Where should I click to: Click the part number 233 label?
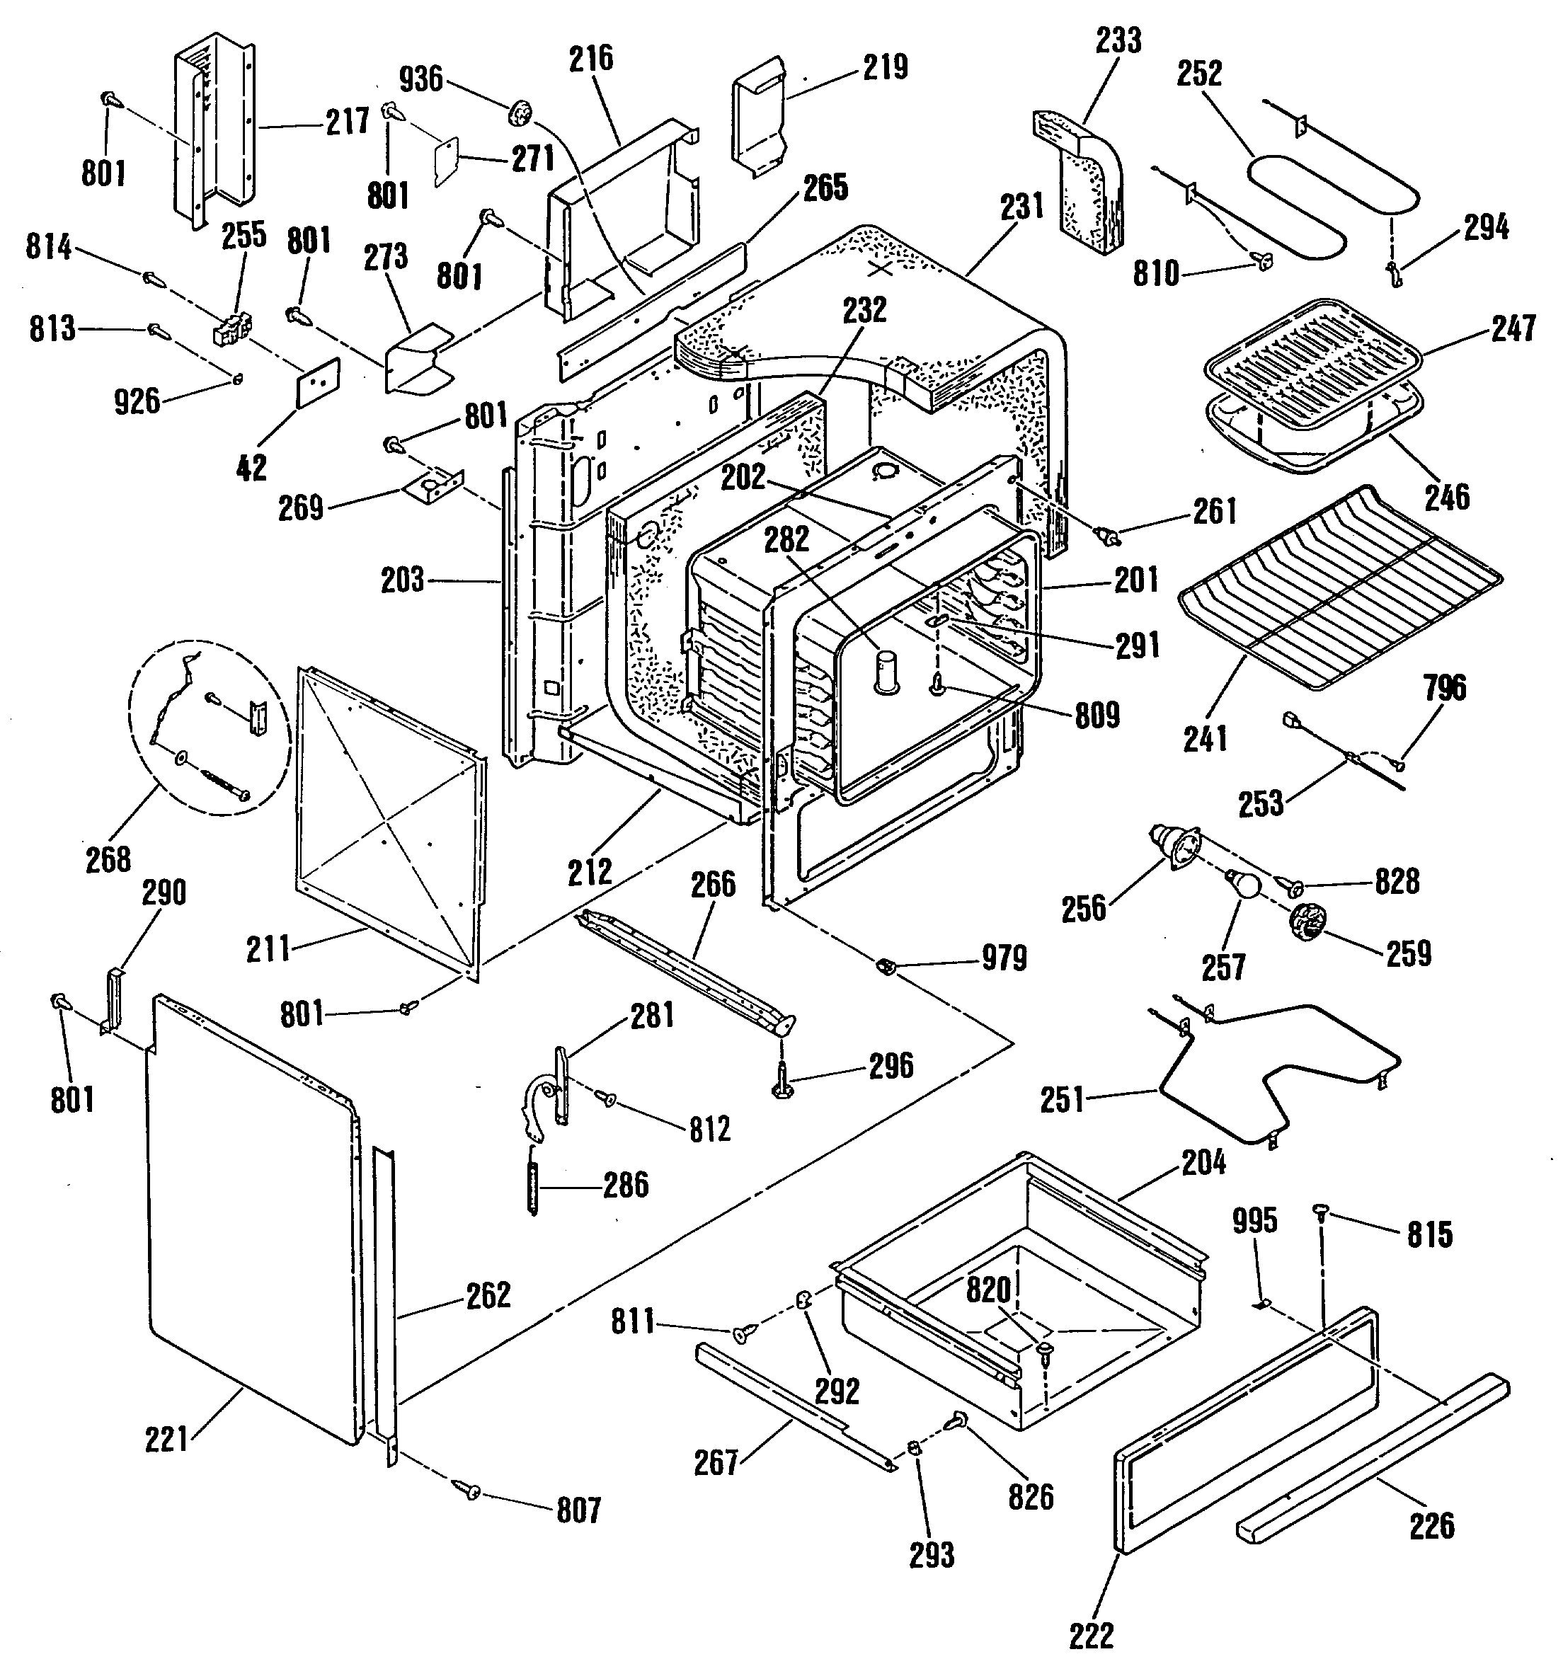click(1118, 40)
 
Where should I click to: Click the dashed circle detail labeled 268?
click(209, 728)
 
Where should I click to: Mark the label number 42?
click(251, 467)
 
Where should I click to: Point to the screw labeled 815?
click(1320, 1212)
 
